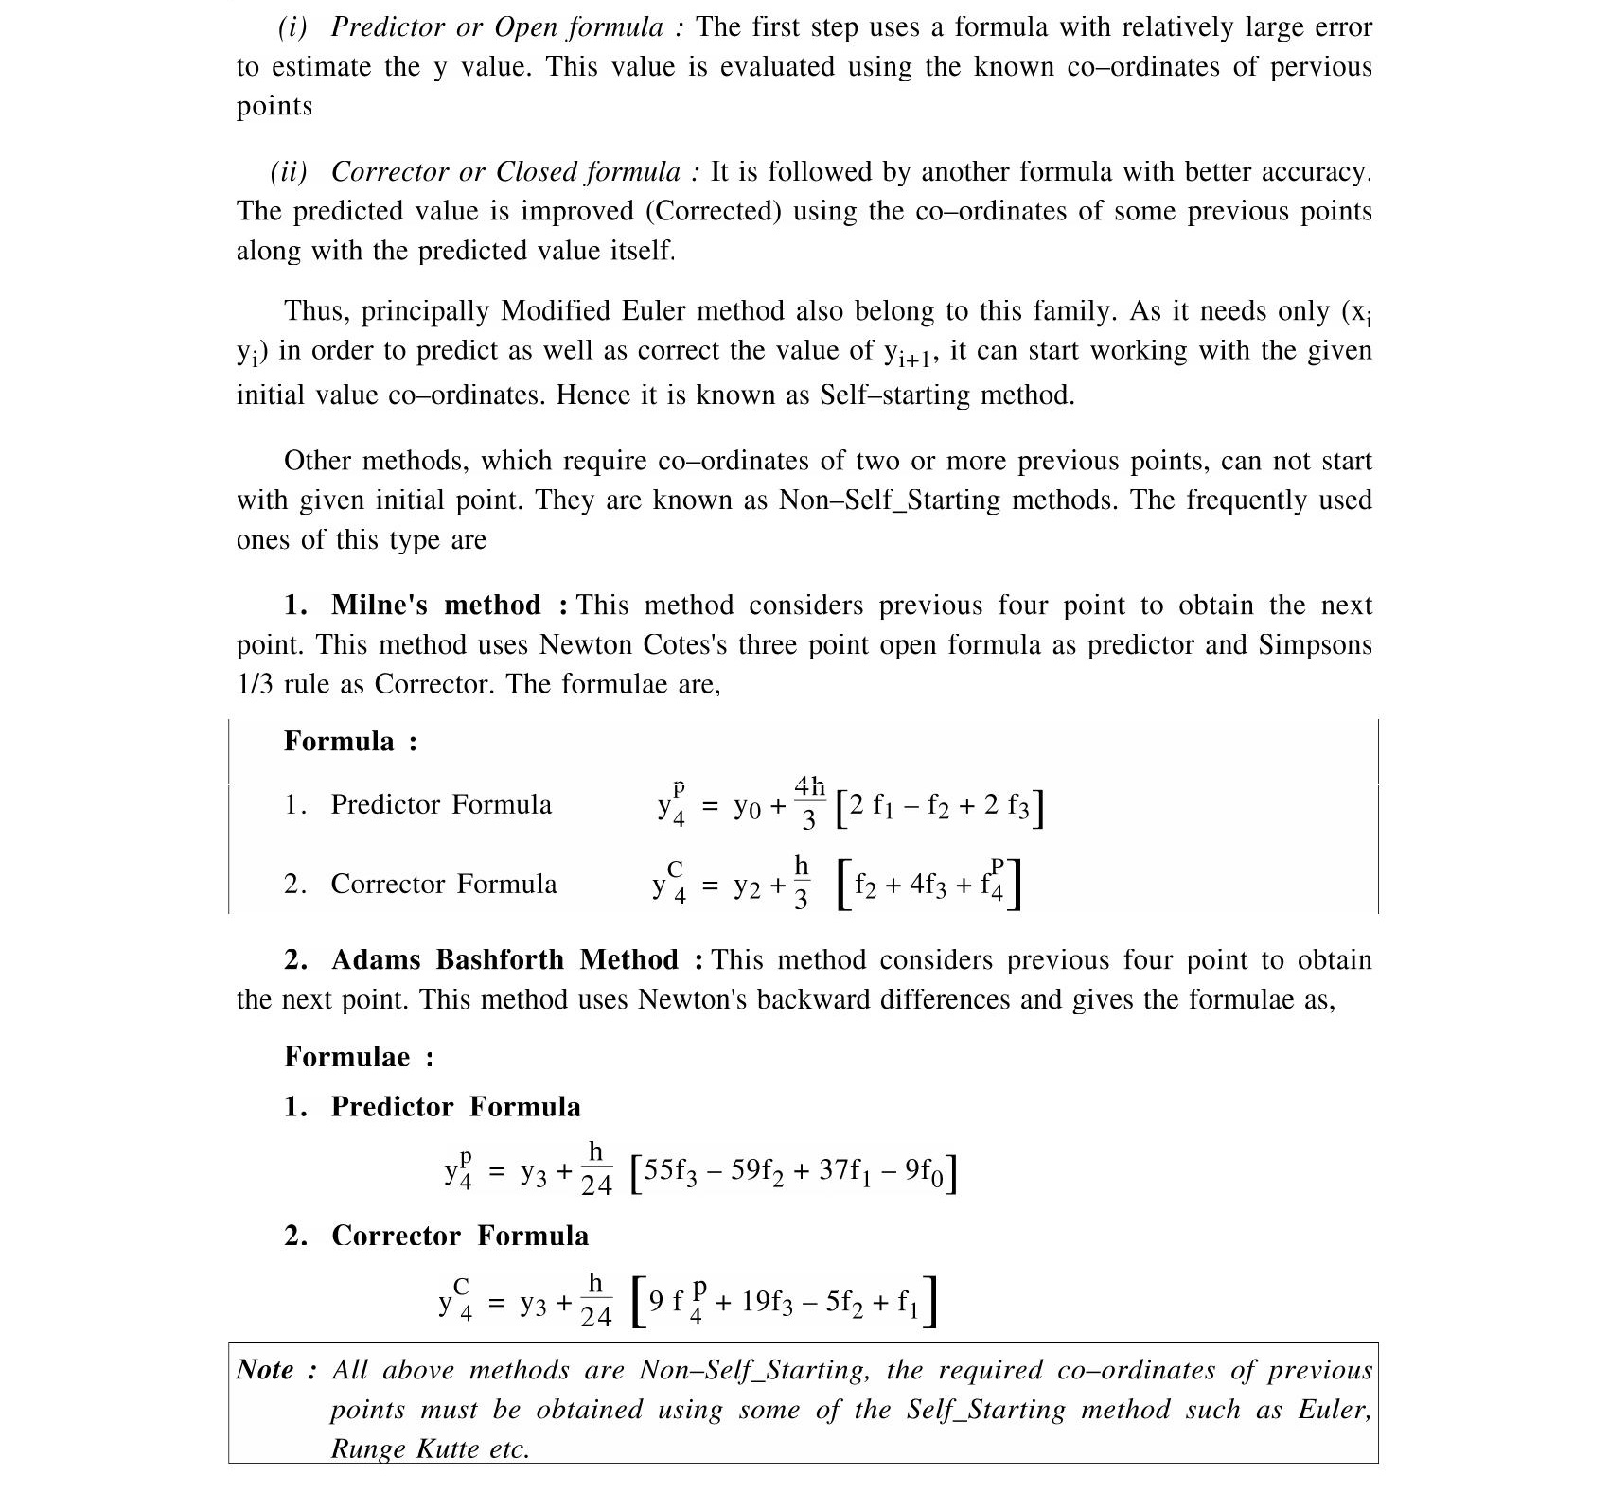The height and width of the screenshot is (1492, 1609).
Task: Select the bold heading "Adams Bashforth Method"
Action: click(504, 960)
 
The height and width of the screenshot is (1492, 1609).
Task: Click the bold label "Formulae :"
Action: click(359, 1058)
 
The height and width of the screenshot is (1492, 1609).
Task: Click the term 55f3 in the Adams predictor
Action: click(672, 1171)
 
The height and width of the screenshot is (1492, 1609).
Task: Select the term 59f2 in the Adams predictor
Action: click(757, 1171)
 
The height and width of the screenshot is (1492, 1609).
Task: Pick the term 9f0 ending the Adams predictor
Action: click(924, 1171)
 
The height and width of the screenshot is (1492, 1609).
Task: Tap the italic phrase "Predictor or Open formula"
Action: click(497, 27)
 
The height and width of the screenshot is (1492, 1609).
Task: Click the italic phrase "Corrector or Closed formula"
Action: click(505, 172)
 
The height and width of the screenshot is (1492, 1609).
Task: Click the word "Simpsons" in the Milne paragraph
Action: click(1315, 645)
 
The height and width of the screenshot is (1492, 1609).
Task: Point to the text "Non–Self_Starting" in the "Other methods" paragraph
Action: click(889, 500)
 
